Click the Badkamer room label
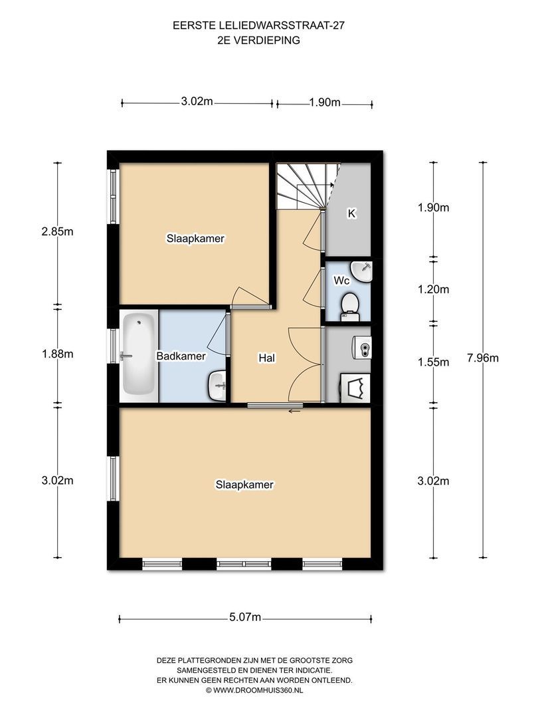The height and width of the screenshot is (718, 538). click(181, 356)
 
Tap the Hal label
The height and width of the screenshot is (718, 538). click(267, 358)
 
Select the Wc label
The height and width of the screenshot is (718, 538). click(341, 281)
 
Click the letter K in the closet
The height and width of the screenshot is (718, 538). click(351, 213)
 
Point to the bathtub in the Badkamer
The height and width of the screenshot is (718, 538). click(139, 354)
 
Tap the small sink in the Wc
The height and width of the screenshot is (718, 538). click(362, 271)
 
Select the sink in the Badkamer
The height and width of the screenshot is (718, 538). click(217, 386)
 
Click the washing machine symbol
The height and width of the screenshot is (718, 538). click(355, 388)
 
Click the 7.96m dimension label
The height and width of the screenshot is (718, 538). click(483, 358)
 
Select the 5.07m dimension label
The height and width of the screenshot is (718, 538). click(245, 617)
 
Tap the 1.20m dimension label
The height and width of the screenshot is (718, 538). click(433, 289)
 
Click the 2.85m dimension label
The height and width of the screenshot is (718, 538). click(57, 232)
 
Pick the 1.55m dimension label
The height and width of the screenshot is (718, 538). click(433, 362)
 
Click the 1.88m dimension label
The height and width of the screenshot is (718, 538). click(57, 354)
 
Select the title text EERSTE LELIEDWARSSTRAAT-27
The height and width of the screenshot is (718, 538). click(258, 26)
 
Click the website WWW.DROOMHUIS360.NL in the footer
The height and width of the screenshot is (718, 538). click(258, 690)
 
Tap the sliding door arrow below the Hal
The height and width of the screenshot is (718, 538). click(294, 411)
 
